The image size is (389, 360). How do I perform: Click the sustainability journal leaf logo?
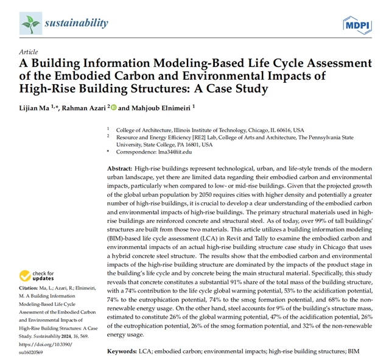coord(30,24)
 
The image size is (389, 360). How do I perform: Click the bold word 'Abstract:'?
coord(120,168)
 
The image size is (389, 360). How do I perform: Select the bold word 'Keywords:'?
coord(125,352)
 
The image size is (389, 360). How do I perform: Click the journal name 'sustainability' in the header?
coord(76,24)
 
